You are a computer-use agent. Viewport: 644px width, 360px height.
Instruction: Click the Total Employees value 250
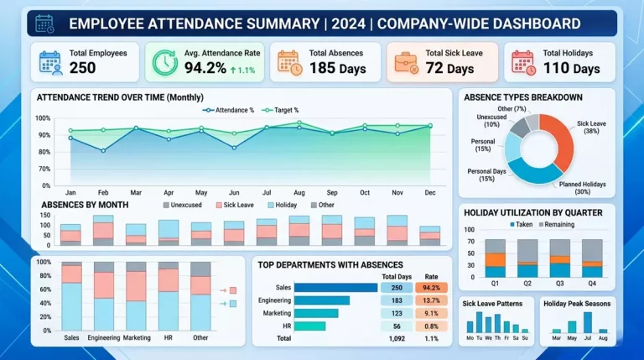pyautogui.click(x=82, y=68)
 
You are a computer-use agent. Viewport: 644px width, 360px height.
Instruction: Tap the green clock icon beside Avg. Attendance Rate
pyautogui.click(x=165, y=63)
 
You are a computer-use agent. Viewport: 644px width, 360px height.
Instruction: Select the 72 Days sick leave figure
pyautogui.click(x=449, y=68)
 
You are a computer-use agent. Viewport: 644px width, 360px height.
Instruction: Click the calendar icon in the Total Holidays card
pyautogui.click(x=523, y=63)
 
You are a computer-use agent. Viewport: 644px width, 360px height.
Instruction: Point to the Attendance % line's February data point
pyautogui.click(x=103, y=151)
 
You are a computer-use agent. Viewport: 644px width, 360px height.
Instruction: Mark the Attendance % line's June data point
pyautogui.click(x=234, y=148)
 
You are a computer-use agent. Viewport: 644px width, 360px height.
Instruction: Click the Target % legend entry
pyautogui.click(x=281, y=110)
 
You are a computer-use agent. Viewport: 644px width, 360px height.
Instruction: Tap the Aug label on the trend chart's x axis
pyautogui.click(x=299, y=192)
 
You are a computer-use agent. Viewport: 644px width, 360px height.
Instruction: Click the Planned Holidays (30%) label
pyautogui.click(x=583, y=188)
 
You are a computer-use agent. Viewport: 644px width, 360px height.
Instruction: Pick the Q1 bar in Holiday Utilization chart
pyautogui.click(x=495, y=258)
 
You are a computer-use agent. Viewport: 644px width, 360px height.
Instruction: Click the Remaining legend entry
pyautogui.click(x=557, y=224)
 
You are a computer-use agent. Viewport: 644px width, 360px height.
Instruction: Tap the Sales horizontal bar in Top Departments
pyautogui.click(x=335, y=288)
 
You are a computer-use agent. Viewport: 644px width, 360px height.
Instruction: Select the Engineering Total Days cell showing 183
pyautogui.click(x=397, y=300)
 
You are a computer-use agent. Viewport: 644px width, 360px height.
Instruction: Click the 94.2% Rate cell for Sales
pyautogui.click(x=431, y=288)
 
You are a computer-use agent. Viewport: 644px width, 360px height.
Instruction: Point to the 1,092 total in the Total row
pyautogui.click(x=397, y=339)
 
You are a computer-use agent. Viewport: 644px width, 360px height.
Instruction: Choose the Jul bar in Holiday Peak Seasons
pyautogui.click(x=588, y=322)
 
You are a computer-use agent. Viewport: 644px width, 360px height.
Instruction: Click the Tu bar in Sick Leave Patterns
pyautogui.click(x=479, y=322)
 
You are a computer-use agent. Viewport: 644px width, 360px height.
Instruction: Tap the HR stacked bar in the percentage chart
pyautogui.click(x=169, y=296)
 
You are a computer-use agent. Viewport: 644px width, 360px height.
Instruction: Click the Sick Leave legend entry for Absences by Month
pyautogui.click(x=235, y=205)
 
